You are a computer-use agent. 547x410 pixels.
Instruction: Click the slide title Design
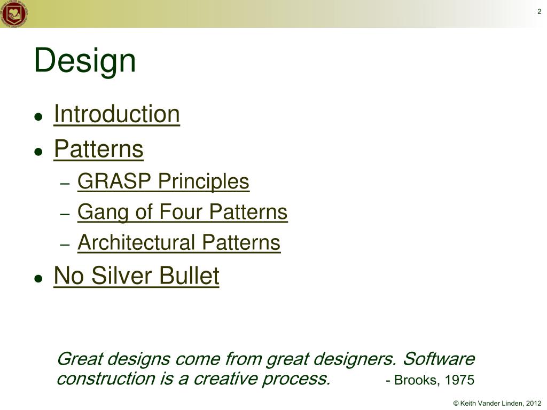pos(85,61)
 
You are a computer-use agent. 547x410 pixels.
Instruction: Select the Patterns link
pos(99,149)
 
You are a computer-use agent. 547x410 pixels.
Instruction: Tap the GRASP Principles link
pos(163,182)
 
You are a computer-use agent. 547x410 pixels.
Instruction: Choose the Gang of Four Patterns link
pos(183,212)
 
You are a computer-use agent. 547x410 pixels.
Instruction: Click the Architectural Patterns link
pos(179,242)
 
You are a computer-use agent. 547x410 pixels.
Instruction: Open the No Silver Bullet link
pos(136,275)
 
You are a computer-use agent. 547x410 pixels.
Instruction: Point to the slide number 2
pos(540,11)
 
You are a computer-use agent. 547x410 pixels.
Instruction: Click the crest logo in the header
pos(14,13)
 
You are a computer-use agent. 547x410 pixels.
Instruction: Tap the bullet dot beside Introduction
pos(38,116)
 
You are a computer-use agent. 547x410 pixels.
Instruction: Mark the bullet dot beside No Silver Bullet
pos(38,278)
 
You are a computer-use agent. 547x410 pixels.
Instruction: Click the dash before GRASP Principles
pos(65,184)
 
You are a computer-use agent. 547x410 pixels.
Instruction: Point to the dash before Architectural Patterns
pos(65,245)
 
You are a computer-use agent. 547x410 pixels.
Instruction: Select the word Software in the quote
pos(439,359)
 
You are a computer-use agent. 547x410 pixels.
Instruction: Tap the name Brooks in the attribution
pos(417,380)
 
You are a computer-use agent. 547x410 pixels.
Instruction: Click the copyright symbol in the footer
pos(456,404)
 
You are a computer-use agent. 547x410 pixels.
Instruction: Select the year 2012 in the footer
pos(534,404)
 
